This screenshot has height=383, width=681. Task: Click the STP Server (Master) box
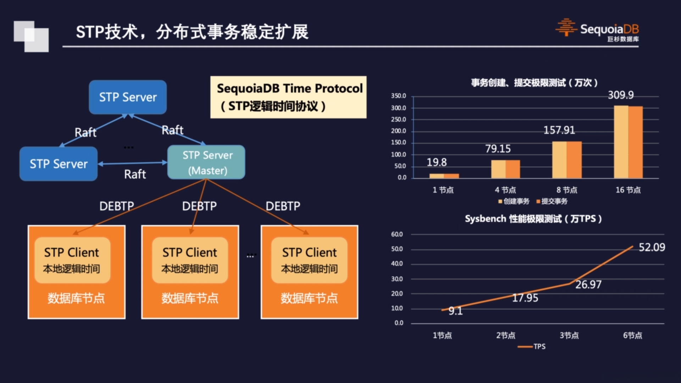[x=206, y=162]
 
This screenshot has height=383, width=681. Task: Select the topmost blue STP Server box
[x=128, y=97]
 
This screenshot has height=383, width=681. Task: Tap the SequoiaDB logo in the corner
[x=597, y=30]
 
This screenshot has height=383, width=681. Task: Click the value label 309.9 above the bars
[x=621, y=95]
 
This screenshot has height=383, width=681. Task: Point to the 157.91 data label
[x=559, y=130]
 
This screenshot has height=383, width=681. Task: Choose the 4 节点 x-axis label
[x=505, y=190]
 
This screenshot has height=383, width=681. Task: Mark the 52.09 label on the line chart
[x=652, y=247]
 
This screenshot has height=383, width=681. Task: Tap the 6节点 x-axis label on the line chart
[x=632, y=335]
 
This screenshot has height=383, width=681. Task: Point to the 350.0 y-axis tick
[x=398, y=96]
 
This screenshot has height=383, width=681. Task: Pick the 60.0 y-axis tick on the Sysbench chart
[x=397, y=234]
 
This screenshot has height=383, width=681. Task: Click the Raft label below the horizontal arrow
[x=135, y=174]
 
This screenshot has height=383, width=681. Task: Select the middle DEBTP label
[x=199, y=206]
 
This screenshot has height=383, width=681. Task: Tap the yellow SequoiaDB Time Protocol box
[x=288, y=97]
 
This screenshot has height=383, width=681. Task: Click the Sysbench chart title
[x=533, y=219]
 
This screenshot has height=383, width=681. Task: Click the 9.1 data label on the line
[x=455, y=311]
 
